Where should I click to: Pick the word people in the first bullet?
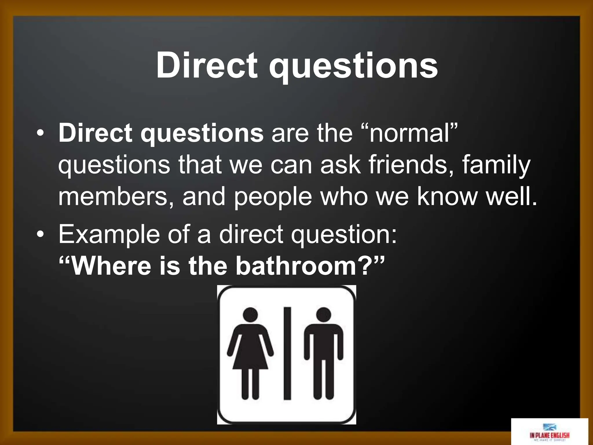click(273, 197)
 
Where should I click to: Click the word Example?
click(109, 234)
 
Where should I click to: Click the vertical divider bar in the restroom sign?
click(287, 353)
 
